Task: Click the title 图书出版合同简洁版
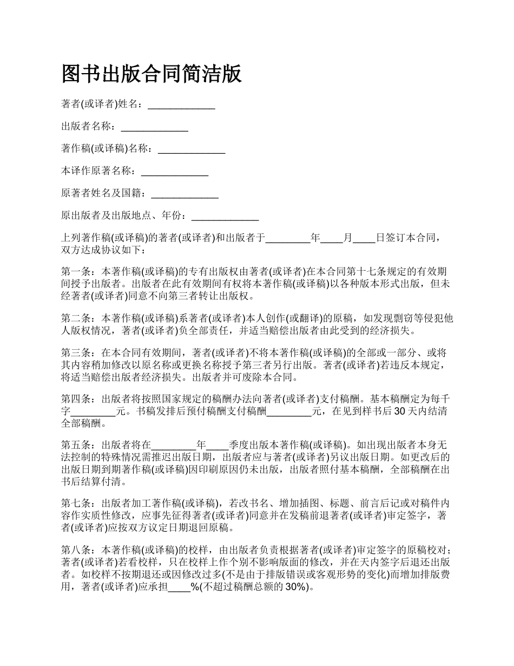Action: [x=151, y=74]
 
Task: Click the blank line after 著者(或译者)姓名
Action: [x=181, y=105]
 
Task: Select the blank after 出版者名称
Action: [x=154, y=127]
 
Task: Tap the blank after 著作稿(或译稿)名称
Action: [x=191, y=149]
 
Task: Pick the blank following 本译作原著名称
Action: [x=174, y=172]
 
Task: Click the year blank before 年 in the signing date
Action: [x=287, y=238]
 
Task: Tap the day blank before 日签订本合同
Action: [x=364, y=238]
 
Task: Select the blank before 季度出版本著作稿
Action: [x=218, y=446]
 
